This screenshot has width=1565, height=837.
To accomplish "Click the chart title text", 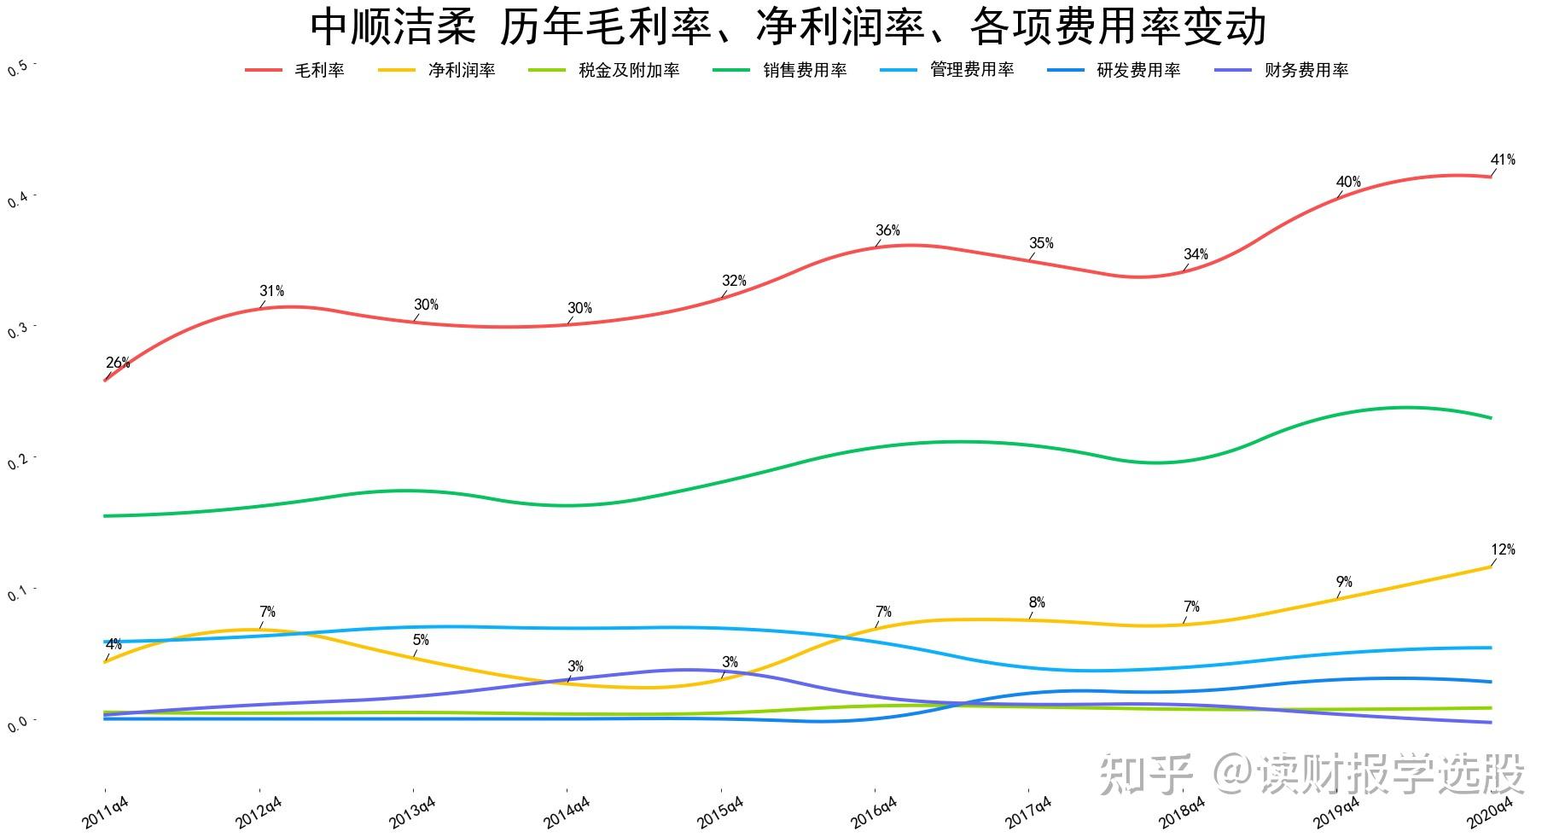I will (x=787, y=26).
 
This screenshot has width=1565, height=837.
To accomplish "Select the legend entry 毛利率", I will (x=319, y=71).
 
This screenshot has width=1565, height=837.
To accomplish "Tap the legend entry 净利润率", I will (x=461, y=71).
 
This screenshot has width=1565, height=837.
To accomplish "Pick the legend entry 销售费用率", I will (x=805, y=71).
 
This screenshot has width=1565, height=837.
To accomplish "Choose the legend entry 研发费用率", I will (x=1138, y=71).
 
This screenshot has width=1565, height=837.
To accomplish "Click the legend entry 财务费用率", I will (x=1306, y=71).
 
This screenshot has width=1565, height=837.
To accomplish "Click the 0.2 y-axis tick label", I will (x=17, y=462).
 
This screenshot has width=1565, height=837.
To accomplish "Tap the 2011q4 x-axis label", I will (x=106, y=813).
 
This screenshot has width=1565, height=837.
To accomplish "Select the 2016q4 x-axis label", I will (x=874, y=813).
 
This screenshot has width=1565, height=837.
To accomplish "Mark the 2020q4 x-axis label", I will (x=1490, y=813).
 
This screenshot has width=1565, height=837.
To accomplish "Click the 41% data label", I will (x=1503, y=160).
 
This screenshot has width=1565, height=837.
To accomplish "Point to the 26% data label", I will (x=118, y=363).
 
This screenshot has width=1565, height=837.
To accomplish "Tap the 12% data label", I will (x=1503, y=549).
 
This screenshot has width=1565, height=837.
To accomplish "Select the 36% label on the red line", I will (x=887, y=230).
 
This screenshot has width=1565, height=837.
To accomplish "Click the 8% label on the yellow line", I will (x=1037, y=602).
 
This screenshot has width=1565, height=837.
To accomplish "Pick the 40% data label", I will (x=1348, y=182).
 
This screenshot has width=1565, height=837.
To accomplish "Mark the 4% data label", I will (x=113, y=644).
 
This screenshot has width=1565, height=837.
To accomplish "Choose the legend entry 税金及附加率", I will (x=628, y=71).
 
